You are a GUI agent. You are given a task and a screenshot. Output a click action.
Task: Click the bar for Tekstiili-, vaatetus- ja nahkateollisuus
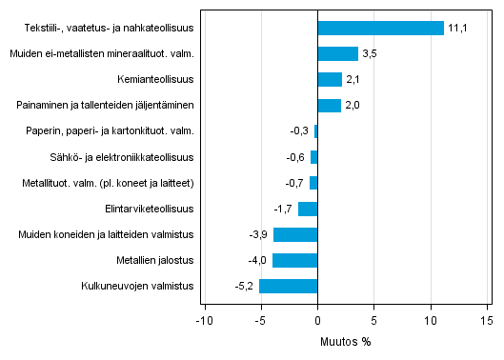[x=380, y=28]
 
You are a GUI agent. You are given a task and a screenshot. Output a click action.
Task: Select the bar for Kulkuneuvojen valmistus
[x=288, y=286]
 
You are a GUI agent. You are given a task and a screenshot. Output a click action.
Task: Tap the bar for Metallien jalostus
[x=294, y=260]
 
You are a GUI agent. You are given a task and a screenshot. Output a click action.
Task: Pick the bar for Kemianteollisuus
[x=329, y=79]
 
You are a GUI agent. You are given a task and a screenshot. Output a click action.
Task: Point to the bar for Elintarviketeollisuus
[x=308, y=209]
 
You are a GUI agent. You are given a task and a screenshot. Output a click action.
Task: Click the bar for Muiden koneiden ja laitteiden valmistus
[x=295, y=234]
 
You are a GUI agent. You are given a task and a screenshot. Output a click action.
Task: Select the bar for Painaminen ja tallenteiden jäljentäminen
[x=329, y=105]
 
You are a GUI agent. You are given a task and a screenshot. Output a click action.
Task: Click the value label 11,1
[x=457, y=29]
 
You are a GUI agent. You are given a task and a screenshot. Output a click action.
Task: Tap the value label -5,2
[x=244, y=286]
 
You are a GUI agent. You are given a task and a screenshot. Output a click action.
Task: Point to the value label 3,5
[x=371, y=54]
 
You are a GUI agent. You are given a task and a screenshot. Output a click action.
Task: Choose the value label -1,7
[x=284, y=209]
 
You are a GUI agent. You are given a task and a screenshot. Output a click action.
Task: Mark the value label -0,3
[x=300, y=131]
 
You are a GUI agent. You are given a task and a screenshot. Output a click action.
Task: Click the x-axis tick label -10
[x=204, y=321]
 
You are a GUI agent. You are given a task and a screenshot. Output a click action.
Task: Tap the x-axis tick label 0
[x=317, y=321]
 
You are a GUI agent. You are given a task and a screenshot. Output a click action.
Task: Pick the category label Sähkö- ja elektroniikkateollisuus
[x=122, y=157]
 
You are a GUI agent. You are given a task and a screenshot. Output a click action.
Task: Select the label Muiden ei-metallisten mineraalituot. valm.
[x=102, y=54]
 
